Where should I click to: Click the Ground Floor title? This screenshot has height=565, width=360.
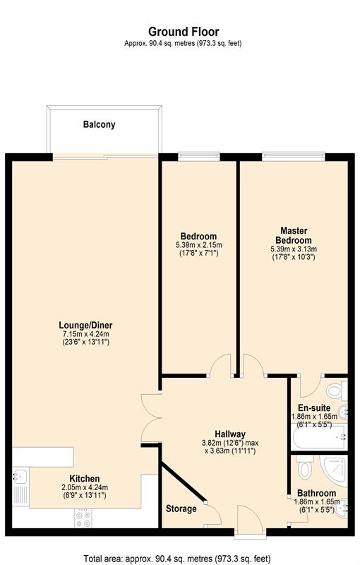[x=184, y=32]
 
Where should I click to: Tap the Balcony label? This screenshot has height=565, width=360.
[x=99, y=124]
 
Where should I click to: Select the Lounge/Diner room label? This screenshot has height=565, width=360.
[x=85, y=326]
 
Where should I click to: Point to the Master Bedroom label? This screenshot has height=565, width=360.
[x=294, y=235]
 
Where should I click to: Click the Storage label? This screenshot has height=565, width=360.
[x=181, y=509]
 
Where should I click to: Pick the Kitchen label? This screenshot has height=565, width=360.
[x=85, y=479]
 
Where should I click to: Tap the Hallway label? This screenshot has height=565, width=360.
[x=230, y=434]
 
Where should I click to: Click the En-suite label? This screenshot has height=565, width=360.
[x=314, y=408]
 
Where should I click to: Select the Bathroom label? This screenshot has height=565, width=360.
[x=317, y=493]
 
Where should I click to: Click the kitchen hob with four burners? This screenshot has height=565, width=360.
[x=83, y=519]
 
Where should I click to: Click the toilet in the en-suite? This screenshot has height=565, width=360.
[x=337, y=391]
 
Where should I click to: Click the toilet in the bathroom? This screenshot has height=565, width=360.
[x=305, y=468]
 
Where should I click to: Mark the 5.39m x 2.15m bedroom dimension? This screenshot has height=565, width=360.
[x=199, y=245]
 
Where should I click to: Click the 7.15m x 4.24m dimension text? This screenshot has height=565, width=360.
[x=85, y=334]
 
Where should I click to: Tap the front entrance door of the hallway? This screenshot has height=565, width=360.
[x=250, y=520]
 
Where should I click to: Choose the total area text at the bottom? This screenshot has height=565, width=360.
[x=176, y=559]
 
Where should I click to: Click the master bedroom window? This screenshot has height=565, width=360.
[x=294, y=156]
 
